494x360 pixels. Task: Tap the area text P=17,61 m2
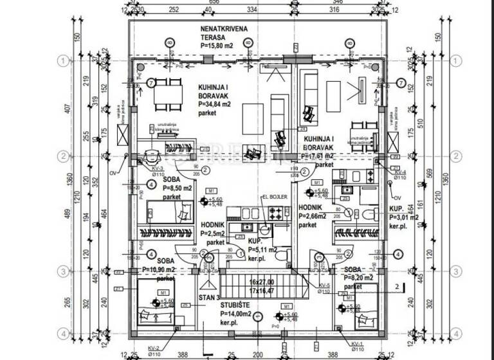[x=318, y=156]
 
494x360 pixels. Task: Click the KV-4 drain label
[x=400, y=173]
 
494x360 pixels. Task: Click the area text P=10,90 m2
[x=158, y=270]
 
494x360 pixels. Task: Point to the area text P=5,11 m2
[x=262, y=250]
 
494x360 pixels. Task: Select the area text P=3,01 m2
[x=404, y=218]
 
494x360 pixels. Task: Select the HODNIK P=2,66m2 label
[x=315, y=217]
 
